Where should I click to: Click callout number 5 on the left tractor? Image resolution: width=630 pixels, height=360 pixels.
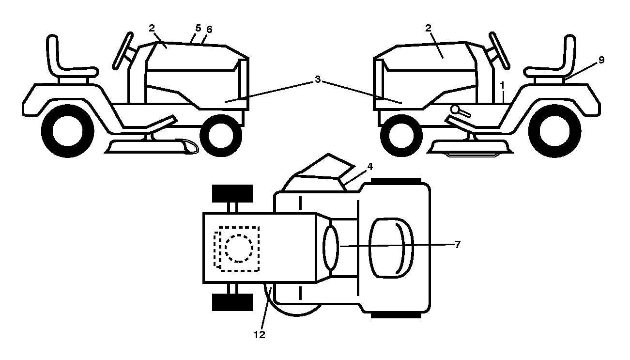(198, 28)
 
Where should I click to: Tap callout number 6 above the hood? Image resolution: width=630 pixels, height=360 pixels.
(209, 29)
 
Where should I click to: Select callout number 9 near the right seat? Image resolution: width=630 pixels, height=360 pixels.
(601, 60)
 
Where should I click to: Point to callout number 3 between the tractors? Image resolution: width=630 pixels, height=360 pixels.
(318, 79)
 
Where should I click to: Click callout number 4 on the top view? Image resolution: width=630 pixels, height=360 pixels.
(370, 167)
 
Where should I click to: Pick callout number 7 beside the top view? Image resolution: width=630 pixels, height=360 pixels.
(458, 245)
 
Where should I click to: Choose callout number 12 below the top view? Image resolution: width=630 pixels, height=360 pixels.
(260, 335)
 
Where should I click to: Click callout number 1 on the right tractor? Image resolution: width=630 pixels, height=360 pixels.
(502, 85)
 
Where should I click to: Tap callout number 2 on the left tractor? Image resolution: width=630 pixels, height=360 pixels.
(152, 28)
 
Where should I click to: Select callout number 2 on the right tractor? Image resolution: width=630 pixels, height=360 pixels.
(429, 28)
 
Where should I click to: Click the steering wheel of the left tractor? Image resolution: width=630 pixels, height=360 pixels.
(123, 51)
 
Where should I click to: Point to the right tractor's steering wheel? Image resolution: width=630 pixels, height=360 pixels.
(500, 51)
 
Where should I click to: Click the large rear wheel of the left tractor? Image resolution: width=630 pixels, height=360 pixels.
(67, 131)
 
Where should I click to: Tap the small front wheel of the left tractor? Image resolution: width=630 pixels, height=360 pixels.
(221, 135)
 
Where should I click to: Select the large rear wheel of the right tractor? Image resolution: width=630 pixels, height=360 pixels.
(555, 131)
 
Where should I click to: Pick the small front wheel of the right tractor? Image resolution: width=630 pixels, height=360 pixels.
(401, 135)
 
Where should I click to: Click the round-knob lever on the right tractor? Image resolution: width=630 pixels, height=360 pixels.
(460, 110)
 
